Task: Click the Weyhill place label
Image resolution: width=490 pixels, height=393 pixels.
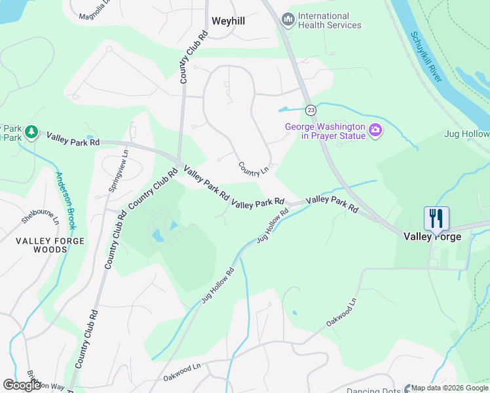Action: point(228,21)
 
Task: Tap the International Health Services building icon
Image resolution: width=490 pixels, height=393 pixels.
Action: point(287,20)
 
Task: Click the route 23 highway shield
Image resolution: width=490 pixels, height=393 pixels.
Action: point(311,109)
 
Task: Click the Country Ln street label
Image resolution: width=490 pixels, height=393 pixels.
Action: point(254,169)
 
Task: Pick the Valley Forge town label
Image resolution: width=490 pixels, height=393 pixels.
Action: point(432,236)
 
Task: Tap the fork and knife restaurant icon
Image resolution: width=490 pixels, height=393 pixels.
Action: point(436,217)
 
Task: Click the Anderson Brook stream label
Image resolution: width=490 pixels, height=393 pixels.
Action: point(67,200)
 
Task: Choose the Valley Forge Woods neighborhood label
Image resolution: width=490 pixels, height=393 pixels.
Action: point(50,245)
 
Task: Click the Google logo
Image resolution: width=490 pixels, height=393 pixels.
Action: point(22,385)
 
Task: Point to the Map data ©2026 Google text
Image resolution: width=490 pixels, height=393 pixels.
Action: point(449,388)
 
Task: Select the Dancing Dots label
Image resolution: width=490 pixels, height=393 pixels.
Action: point(373,390)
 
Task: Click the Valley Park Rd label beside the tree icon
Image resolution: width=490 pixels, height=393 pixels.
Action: point(72,138)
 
